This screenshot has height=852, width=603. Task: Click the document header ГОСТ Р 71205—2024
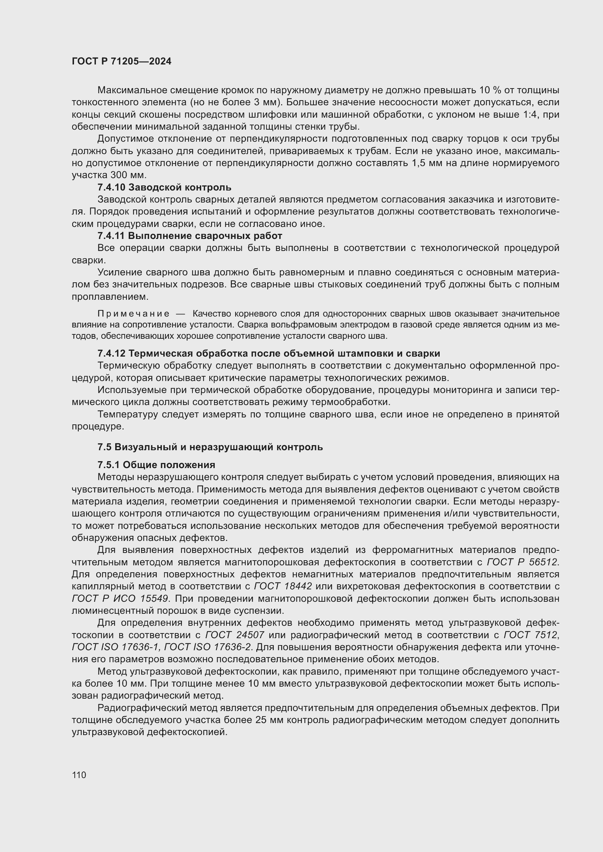121,62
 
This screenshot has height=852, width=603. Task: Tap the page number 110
79,775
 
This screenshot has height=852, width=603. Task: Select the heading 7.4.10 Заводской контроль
164,187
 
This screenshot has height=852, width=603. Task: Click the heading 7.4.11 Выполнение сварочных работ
189,236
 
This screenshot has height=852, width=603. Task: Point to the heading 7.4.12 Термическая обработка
268,353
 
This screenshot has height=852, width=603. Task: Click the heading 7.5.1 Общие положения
156,465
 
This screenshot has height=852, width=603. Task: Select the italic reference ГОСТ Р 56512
522,562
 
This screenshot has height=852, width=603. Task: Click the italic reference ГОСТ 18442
283,587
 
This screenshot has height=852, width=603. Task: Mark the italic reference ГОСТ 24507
235,635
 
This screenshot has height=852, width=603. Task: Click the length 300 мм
128,175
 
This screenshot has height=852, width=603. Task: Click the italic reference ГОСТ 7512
530,635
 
